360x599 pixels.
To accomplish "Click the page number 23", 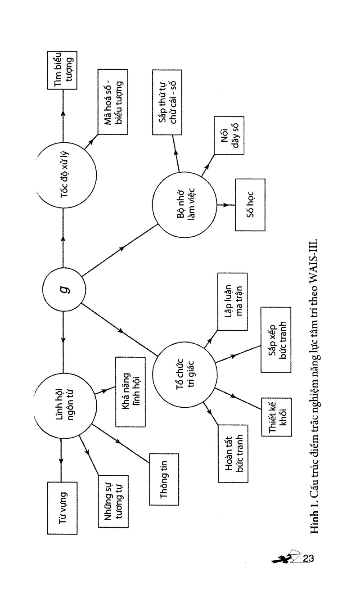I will point(308,558).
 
